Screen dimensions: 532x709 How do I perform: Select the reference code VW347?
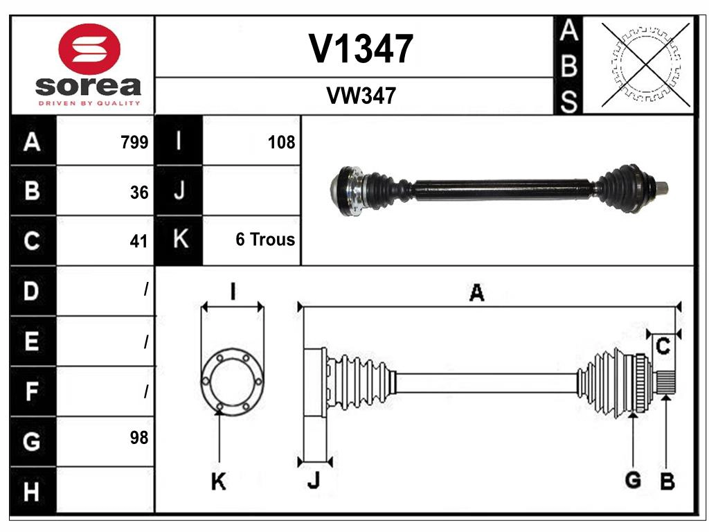(361, 96)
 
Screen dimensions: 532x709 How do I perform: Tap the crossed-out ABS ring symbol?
(645, 64)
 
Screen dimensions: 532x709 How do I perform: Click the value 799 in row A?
(134, 143)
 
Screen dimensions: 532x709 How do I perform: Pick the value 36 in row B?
(139, 193)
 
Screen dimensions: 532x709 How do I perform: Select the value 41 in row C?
(139, 241)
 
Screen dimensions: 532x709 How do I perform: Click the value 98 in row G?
(139, 437)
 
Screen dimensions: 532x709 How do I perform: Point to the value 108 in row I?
(281, 143)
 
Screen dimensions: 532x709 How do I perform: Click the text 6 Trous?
(265, 240)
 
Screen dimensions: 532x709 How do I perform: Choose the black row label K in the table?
(179, 240)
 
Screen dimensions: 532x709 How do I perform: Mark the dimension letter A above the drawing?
(476, 293)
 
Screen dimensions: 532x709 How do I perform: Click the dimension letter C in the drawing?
(663, 347)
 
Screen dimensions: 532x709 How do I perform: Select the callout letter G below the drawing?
(632, 479)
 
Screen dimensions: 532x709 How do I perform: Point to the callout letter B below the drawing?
(667, 481)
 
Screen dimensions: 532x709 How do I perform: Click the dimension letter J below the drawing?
(313, 481)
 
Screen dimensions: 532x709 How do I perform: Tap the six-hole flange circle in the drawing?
(231, 380)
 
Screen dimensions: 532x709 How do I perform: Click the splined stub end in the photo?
(661, 187)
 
